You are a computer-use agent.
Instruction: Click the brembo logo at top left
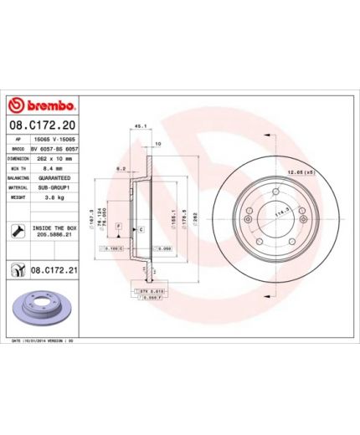tap(41, 106)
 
